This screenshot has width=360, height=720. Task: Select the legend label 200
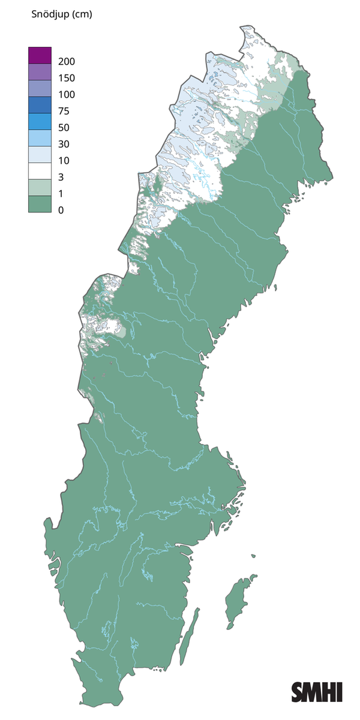[67, 61]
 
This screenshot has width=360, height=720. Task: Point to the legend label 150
[67, 78]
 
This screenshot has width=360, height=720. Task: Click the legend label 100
[67, 95]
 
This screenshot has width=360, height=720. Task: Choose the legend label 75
[64, 111]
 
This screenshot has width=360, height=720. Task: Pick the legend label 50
[64, 128]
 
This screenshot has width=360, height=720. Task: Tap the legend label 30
[64, 144]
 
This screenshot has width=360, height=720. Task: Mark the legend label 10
[64, 161]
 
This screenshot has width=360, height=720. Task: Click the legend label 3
[61, 177]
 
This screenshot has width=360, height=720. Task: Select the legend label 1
[61, 194]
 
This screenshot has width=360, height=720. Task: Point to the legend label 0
[61, 210]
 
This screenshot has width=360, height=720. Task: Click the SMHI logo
[317, 692]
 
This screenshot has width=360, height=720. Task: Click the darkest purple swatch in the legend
[40, 55]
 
